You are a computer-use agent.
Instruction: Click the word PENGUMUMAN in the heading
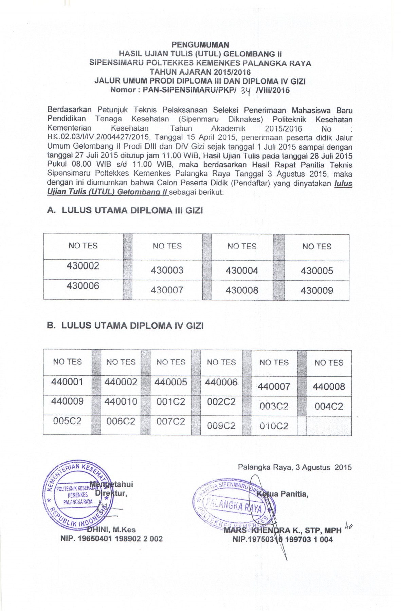200,45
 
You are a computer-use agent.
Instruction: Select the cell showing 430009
316,291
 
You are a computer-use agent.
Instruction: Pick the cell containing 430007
167,290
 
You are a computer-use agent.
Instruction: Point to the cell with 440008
329,387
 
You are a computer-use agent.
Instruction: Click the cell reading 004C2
329,406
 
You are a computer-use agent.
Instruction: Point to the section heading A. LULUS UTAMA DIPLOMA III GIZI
125,210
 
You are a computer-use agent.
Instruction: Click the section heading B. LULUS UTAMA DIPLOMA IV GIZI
125,326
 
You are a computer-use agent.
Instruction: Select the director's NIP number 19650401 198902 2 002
111,539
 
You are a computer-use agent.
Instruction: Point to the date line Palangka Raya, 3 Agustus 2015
294,467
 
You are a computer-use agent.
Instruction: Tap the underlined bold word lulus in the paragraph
343,184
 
